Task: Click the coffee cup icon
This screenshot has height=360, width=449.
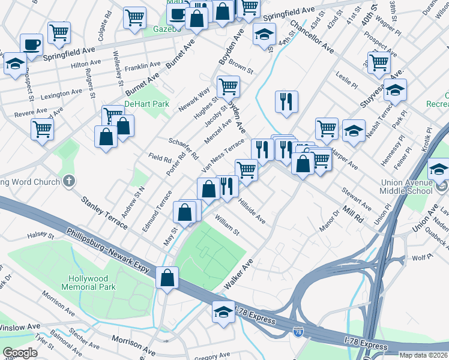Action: (x=31, y=44)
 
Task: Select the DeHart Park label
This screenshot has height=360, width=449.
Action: (x=139, y=104)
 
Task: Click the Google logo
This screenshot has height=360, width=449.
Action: (x=20, y=353)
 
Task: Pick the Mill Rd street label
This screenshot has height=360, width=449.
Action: (x=354, y=212)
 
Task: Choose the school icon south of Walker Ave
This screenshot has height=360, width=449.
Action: (x=223, y=312)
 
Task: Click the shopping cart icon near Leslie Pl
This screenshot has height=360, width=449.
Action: (x=379, y=61)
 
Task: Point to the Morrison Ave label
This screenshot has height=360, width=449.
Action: (x=134, y=343)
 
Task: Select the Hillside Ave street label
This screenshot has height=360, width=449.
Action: (x=252, y=212)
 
